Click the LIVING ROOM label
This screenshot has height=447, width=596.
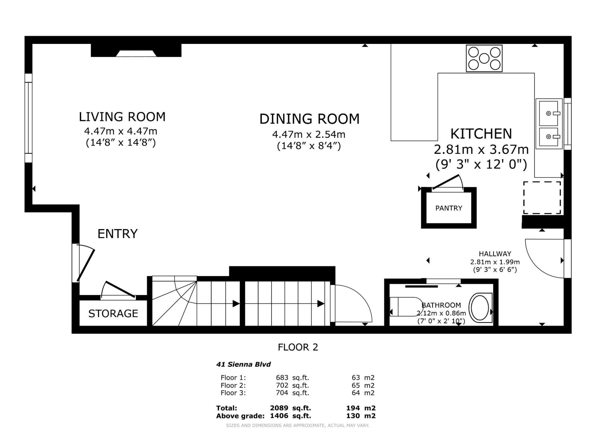122,117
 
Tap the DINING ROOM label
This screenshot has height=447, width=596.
309,119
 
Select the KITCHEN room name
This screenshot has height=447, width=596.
481,134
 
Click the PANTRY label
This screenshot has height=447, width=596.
448,208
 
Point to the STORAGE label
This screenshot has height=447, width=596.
113,314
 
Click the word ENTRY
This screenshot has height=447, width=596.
118,234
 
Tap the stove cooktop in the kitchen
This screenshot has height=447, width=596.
484,58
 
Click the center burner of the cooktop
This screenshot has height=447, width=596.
484,58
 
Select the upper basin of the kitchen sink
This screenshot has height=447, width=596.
548,114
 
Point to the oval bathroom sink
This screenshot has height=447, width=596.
480,308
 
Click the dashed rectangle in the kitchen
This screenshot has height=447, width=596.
542,198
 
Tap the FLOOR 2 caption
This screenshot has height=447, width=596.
298,348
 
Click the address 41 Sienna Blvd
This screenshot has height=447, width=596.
243,364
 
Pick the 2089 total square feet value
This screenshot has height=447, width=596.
279,408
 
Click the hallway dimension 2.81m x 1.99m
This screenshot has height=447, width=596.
495,262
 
